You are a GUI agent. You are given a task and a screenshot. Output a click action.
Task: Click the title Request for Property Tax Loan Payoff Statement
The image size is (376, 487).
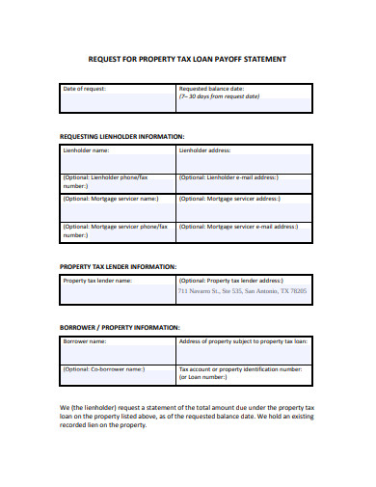click(187, 59)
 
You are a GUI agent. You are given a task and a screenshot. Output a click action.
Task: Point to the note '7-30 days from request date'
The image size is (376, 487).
click(220, 97)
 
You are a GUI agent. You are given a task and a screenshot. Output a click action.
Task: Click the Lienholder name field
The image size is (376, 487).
click(119, 159)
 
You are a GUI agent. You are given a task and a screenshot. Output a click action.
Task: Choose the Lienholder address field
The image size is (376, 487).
click(245, 159)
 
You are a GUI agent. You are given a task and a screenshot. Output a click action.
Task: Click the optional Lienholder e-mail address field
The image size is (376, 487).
click(245, 182)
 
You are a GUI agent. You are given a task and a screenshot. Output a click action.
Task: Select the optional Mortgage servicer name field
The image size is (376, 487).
click(119, 204)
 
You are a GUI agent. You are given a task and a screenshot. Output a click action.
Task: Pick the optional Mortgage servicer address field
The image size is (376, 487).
click(245, 204)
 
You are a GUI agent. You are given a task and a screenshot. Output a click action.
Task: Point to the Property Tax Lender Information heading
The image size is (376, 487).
click(118, 266)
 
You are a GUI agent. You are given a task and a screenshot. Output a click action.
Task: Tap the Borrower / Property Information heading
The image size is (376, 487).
click(120, 327)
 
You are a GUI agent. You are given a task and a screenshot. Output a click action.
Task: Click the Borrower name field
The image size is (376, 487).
click(119, 349)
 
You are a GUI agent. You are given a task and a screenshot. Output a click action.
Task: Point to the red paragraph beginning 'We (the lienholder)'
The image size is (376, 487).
click(183, 416)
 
